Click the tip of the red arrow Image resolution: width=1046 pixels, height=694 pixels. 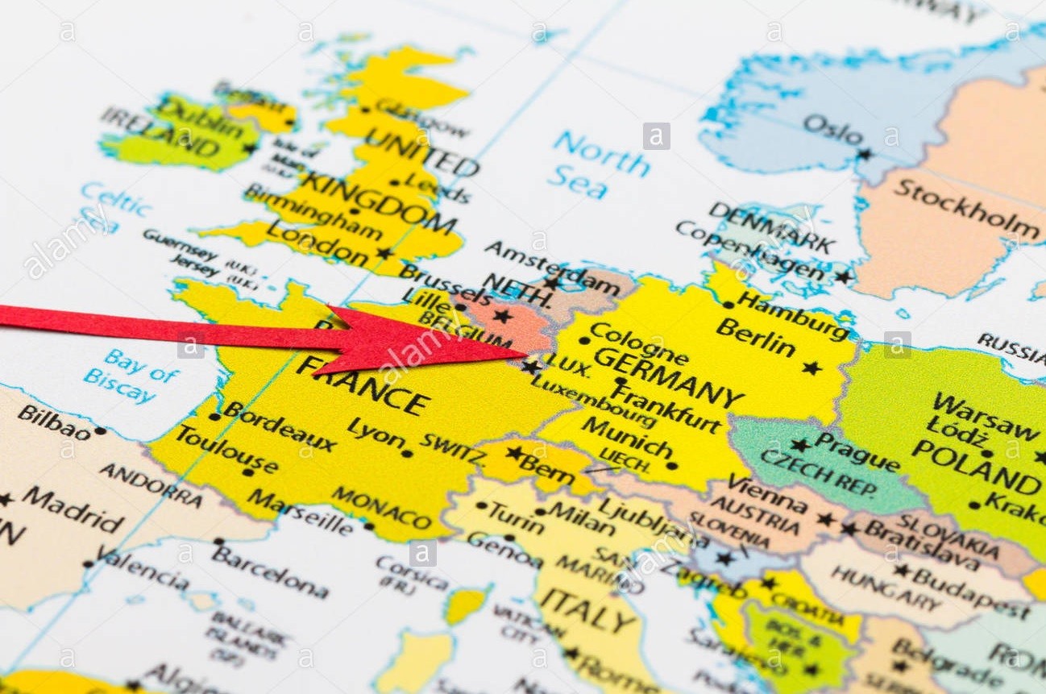[x=525, y=352]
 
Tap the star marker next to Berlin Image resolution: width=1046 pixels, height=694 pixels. [x=811, y=368]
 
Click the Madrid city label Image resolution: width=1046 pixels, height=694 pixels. [x=73, y=509]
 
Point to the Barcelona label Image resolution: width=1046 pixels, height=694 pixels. [x=270, y=571]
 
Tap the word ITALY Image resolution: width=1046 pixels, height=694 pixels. [x=587, y=609]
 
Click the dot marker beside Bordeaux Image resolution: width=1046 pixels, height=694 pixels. [x=214, y=417]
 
